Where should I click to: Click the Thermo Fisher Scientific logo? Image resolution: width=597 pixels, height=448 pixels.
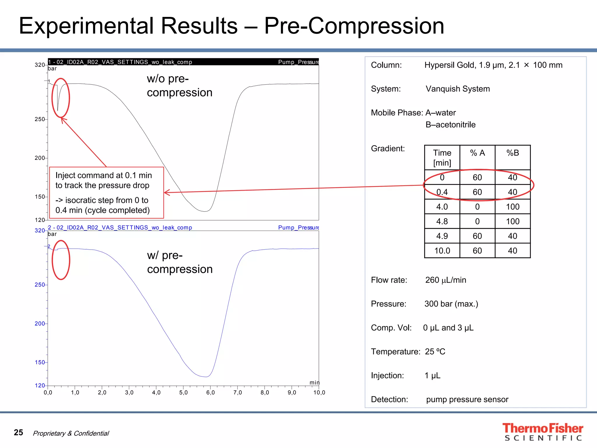coord(542,432)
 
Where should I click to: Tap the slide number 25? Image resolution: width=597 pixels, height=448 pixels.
coord(18,432)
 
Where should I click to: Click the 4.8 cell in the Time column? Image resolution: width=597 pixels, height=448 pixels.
coord(442,221)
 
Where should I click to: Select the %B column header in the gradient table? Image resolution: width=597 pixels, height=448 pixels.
coord(512,153)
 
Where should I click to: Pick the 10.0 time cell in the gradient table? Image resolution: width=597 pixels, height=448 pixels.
coord(442,251)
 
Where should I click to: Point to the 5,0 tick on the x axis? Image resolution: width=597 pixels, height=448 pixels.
coord(183,393)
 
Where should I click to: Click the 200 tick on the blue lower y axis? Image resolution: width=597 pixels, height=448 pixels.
coord(40,323)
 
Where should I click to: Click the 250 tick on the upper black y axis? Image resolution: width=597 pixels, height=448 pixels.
coord(40,119)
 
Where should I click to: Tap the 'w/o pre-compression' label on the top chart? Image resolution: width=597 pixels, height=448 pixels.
coord(179,85)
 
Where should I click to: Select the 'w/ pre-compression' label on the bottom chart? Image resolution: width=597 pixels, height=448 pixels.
coord(180,262)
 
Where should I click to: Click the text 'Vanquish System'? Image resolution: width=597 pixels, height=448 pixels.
coord(457,89)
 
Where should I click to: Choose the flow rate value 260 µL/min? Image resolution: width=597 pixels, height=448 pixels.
coord(445,280)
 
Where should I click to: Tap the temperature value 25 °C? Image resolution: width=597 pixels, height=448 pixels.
coord(435,351)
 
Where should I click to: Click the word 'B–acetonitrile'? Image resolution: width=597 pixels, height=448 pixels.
coord(450,125)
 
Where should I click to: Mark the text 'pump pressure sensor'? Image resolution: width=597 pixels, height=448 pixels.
coord(467,399)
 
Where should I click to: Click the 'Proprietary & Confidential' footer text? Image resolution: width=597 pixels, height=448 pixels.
coord(71,433)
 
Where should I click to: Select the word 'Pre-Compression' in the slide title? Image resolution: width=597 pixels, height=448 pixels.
coord(354,26)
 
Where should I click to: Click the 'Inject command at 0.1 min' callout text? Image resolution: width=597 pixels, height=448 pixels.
coord(104,175)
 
